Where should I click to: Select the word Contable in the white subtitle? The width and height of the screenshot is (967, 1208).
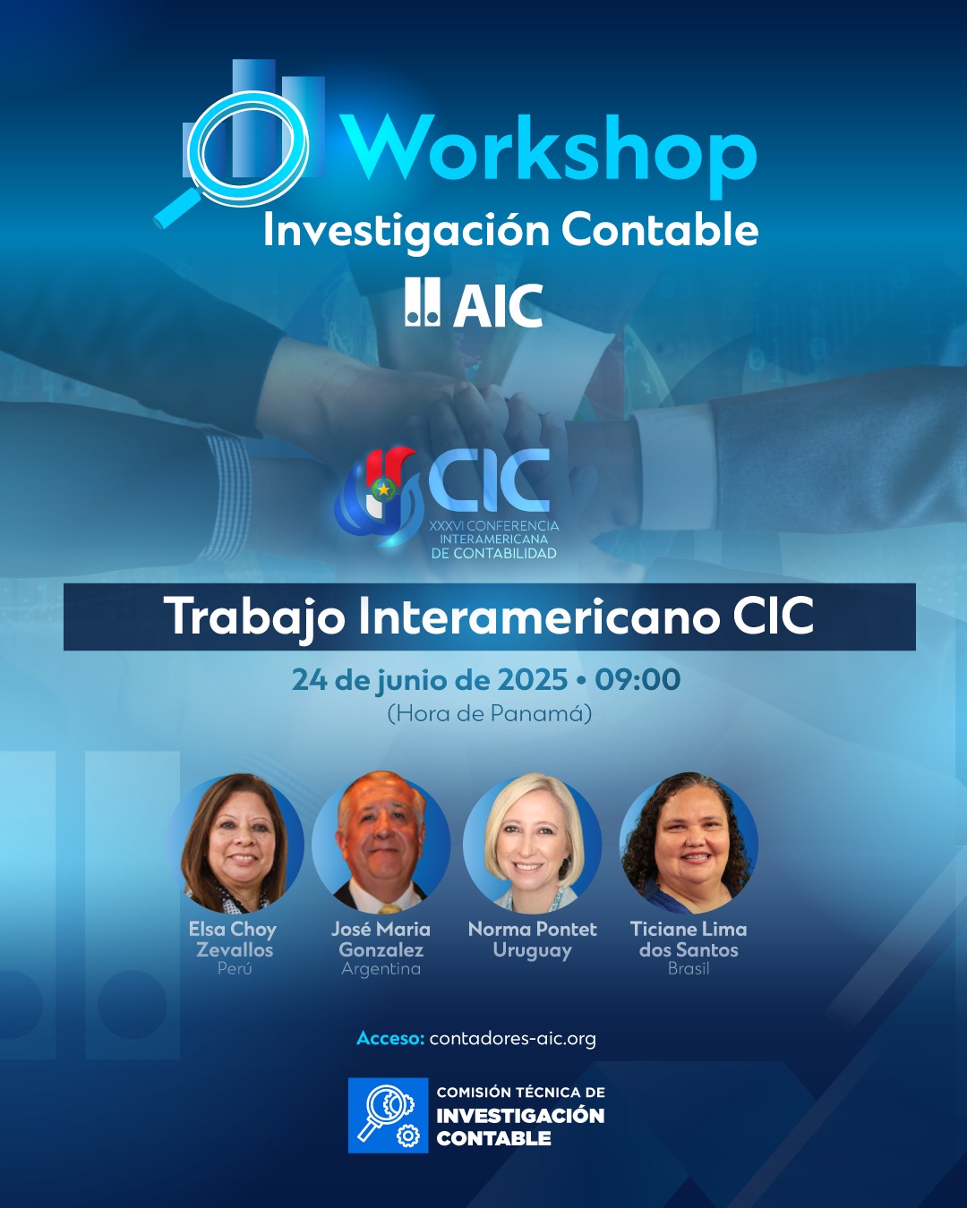pyautogui.click(x=660, y=230)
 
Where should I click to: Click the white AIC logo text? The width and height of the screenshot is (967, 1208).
pyautogui.click(x=497, y=305)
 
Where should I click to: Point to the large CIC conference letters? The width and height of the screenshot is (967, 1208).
pyautogui.click(x=489, y=481)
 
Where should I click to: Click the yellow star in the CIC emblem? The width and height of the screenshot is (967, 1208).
pyautogui.click(x=383, y=490)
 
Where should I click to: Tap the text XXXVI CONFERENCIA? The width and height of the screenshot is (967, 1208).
pyautogui.click(x=494, y=526)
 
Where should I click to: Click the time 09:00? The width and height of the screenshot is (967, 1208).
pyautogui.click(x=638, y=680)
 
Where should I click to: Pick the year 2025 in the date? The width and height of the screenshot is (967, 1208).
pyautogui.click(x=532, y=680)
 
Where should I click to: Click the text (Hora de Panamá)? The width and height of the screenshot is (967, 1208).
pyautogui.click(x=490, y=714)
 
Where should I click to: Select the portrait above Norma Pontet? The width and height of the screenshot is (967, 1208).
pyautogui.click(x=532, y=843)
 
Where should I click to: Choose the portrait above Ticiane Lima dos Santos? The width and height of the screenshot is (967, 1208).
pyautogui.click(x=689, y=843)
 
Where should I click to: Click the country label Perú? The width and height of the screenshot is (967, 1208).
pyautogui.click(x=235, y=969)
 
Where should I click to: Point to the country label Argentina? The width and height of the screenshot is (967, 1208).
pyautogui.click(x=381, y=969)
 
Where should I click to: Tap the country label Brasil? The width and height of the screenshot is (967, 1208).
pyautogui.click(x=689, y=969)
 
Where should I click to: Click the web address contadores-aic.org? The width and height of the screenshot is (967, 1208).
pyautogui.click(x=512, y=1039)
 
